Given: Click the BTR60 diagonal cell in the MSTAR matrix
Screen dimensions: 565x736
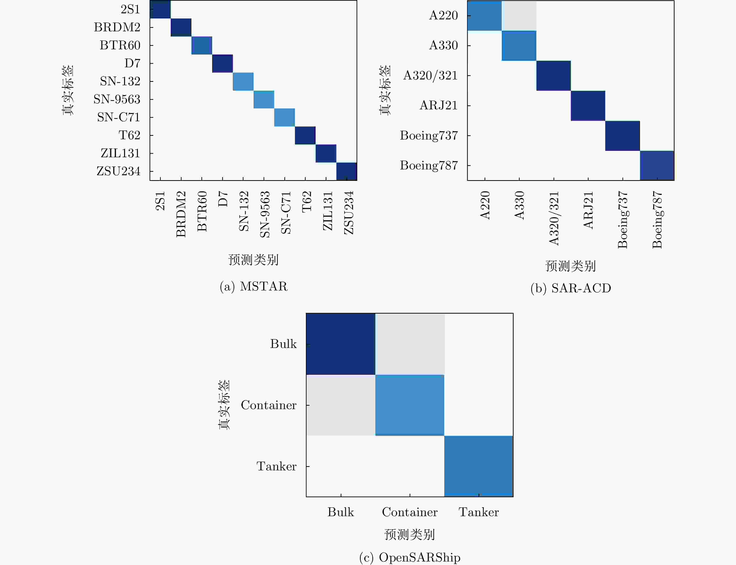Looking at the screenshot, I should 201,45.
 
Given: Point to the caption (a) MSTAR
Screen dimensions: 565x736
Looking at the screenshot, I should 254,286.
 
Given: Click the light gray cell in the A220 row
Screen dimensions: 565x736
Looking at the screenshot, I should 519,15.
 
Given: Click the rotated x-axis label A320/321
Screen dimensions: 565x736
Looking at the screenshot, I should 554,218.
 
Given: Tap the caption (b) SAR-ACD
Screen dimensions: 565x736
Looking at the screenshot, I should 571,288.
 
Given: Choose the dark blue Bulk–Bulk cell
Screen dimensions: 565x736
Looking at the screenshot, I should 341,344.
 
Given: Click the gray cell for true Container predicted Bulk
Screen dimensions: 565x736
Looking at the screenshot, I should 341,405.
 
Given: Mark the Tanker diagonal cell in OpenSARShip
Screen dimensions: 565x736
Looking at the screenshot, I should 479,466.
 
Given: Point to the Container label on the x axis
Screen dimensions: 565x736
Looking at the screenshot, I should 410,512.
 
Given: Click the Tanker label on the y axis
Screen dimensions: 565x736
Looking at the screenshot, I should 276,466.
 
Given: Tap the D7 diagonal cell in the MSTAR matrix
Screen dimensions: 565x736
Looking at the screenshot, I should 222,63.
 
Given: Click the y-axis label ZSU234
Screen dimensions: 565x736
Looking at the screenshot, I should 118,171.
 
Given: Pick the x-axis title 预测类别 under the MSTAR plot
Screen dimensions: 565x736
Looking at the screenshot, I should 253,260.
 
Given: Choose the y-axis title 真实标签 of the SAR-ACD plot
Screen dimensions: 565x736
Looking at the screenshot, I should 385,90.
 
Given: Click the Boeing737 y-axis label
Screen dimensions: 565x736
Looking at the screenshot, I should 429,136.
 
